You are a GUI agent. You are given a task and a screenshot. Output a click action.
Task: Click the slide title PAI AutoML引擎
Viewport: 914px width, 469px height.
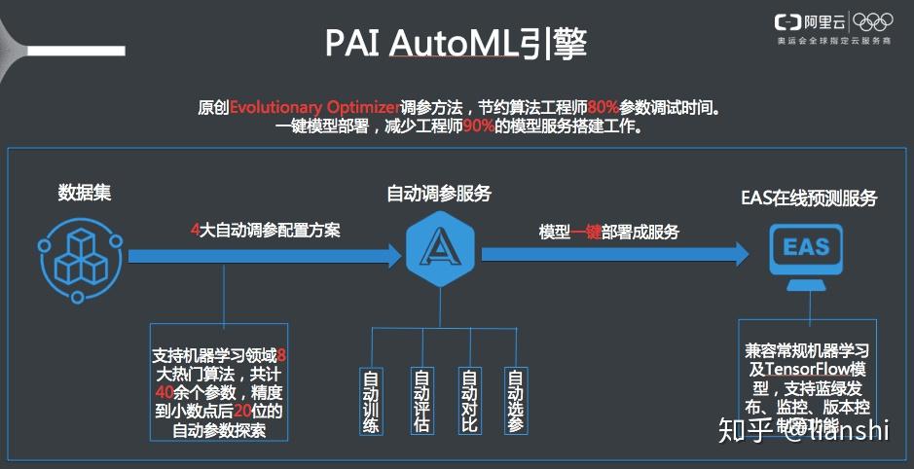coord(456,44)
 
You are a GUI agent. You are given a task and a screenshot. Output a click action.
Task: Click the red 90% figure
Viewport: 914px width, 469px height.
coord(472,127)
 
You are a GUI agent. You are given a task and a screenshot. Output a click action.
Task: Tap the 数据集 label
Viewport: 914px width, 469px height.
coord(85,193)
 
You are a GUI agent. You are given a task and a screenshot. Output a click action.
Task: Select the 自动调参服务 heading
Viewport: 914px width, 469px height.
coord(439,194)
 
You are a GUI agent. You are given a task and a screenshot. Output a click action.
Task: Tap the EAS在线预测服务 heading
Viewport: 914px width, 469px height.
coord(809,198)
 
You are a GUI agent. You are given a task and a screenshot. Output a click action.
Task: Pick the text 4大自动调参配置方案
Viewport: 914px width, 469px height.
coord(265,233)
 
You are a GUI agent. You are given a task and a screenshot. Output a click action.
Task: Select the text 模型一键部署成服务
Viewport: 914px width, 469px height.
coord(609,233)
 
